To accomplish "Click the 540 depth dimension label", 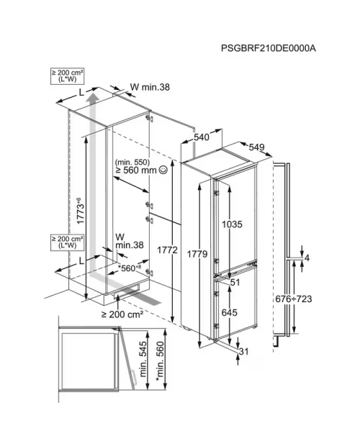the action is (x=202, y=137).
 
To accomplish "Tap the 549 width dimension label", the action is (x=257, y=147).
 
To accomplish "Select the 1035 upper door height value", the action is (x=233, y=224).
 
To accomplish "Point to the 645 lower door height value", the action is (x=230, y=312).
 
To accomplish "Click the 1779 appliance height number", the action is (x=197, y=254).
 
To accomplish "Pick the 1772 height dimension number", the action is (x=167, y=250).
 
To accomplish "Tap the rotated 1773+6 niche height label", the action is (x=80, y=211).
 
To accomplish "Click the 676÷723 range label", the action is (x=294, y=299).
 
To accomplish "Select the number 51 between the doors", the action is (x=235, y=283).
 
